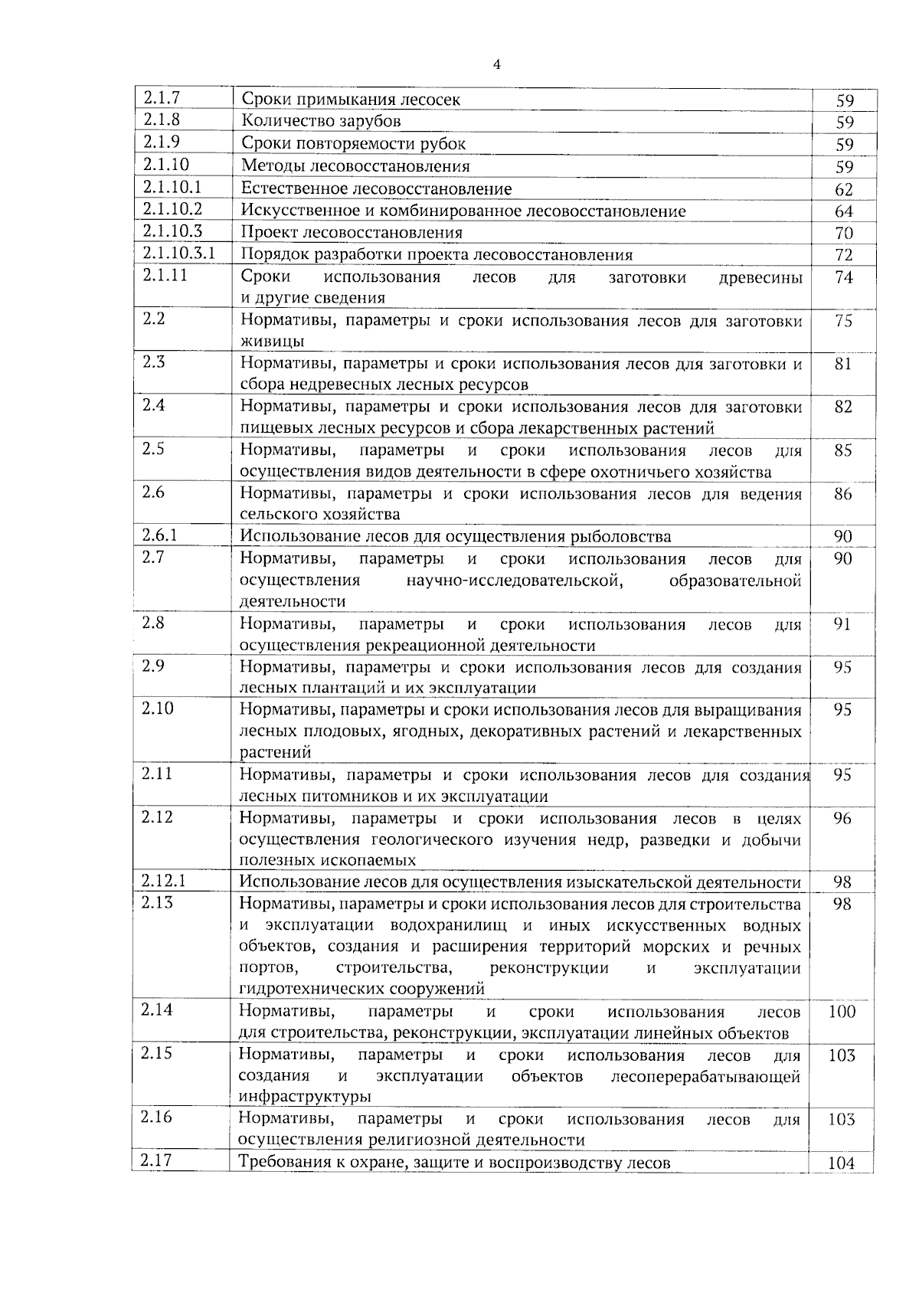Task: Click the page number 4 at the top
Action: [x=497, y=65]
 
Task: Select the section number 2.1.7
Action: [x=160, y=97]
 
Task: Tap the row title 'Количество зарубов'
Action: [x=321, y=121]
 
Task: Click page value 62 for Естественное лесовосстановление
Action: [x=844, y=189]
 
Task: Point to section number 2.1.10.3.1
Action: [x=178, y=253]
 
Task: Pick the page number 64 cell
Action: [x=844, y=211]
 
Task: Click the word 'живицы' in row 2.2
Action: [x=272, y=342]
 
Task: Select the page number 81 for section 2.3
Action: [x=843, y=364]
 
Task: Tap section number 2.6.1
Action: [x=159, y=535]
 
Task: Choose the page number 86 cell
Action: [x=842, y=494]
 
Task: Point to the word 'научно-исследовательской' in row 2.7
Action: [x=514, y=581]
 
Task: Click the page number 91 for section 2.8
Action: [x=842, y=624]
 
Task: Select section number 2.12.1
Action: [x=163, y=881]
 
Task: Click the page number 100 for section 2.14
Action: [x=842, y=1012]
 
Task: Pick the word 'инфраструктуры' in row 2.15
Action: [x=294, y=1097]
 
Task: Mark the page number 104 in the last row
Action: [x=841, y=1163]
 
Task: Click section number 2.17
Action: [x=156, y=1160]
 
